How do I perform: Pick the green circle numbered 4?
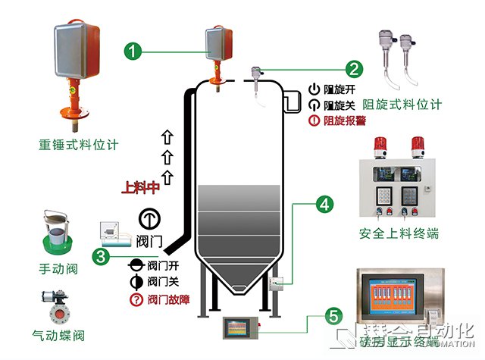(x=324, y=204)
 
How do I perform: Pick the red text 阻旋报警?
(x=346, y=120)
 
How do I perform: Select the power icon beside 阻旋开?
(x=314, y=89)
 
